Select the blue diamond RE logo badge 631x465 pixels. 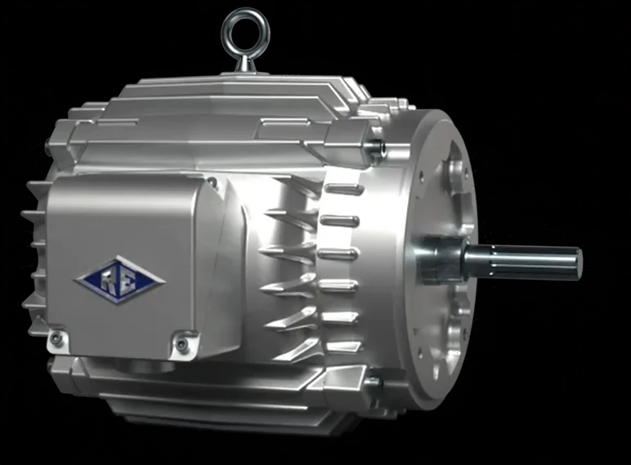(119, 279)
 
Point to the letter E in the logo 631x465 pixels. (128, 280)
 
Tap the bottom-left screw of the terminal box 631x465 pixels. (57, 338)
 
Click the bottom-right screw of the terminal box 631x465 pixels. (182, 343)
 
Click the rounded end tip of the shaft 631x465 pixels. (579, 263)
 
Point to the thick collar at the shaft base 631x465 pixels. (440, 260)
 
